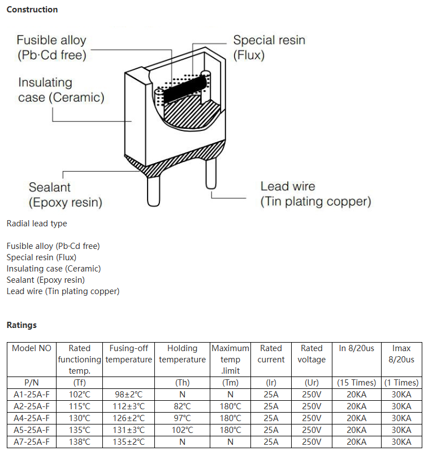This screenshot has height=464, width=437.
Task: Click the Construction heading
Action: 32,10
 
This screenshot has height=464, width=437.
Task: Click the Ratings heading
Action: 21,325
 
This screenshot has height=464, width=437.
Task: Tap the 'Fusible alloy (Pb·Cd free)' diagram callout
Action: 51,48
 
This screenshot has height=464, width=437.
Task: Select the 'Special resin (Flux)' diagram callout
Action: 269,48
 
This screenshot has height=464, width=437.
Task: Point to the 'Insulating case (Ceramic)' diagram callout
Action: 61,90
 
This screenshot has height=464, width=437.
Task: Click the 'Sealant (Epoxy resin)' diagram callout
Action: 65,195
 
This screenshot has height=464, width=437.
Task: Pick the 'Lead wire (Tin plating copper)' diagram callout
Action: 315,194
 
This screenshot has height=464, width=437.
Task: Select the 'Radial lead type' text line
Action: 37,224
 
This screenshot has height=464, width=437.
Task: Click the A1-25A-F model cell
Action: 32,395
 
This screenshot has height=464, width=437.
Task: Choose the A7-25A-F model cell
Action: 32,442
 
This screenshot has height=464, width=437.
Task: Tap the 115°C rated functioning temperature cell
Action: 79,406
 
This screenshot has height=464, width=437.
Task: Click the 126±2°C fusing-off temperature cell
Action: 129,418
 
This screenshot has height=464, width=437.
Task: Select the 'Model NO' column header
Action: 32,348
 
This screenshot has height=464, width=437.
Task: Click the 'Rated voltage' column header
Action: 311,354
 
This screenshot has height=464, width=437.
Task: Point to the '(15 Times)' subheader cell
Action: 357,383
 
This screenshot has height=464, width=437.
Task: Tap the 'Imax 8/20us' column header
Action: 401,354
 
